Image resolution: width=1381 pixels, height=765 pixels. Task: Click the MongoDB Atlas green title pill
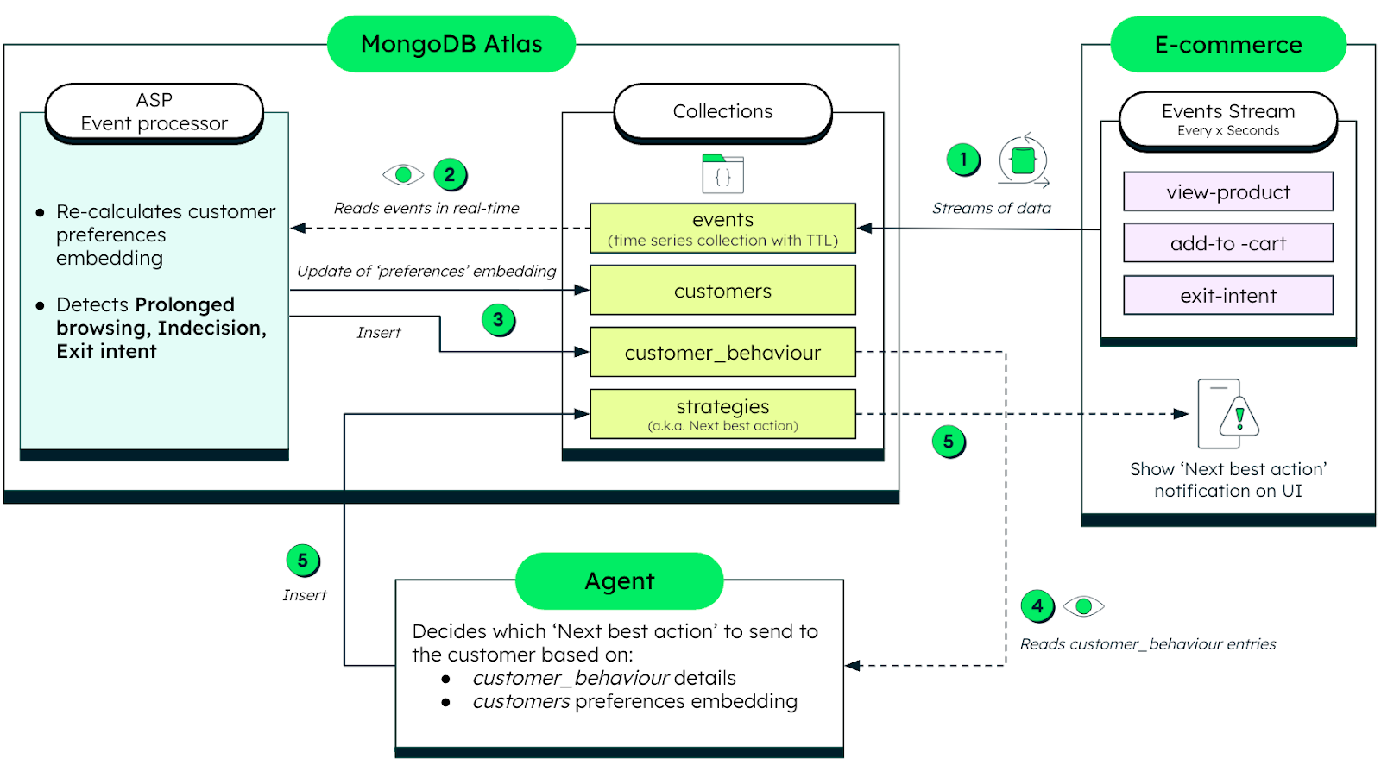tap(451, 44)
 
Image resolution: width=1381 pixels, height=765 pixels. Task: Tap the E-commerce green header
tap(1227, 45)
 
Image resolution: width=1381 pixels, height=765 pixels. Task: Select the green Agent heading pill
tap(619, 581)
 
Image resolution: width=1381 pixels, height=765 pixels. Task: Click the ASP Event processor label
tap(154, 112)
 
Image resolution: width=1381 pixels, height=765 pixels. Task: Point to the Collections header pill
tap(722, 111)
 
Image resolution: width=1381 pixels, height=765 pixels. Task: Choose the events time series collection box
tap(722, 229)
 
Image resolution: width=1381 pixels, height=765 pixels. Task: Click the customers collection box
tap(722, 291)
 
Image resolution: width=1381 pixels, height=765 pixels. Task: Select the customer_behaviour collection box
tap(722, 352)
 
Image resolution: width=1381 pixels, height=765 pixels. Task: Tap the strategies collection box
tap(722, 414)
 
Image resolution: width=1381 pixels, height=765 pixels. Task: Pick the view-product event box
tap(1227, 191)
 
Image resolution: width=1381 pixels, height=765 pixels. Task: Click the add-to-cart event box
tap(1227, 243)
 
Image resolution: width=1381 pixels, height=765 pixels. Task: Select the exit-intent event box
tap(1227, 296)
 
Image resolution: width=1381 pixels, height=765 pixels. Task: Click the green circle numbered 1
tap(963, 160)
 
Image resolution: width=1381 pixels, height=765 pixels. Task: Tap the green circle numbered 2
tap(450, 175)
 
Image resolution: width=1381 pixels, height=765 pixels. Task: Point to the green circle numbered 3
tap(498, 320)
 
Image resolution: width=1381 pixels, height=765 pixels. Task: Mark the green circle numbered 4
tap(1037, 606)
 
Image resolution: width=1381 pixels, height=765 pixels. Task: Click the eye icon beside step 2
tap(403, 175)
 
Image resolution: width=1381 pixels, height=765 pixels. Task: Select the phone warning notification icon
tap(1227, 415)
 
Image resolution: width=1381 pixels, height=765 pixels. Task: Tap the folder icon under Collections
tap(722, 173)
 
